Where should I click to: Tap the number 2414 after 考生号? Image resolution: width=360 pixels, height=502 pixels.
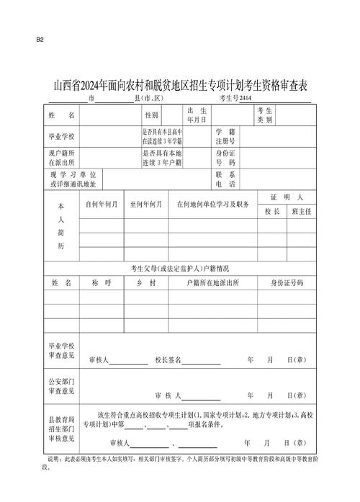[x=246, y=99]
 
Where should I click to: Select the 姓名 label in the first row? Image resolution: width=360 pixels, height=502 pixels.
[x=61, y=115]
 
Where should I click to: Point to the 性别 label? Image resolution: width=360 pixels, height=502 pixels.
[x=151, y=115]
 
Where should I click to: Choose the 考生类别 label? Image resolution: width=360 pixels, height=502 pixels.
[x=264, y=115]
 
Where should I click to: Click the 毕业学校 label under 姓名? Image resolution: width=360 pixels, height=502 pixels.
[x=61, y=135]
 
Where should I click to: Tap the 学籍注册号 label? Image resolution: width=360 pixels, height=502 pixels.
[x=225, y=135]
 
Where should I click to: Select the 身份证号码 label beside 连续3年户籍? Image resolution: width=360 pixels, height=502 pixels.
[x=225, y=158]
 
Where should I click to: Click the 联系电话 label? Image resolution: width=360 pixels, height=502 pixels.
[x=225, y=179]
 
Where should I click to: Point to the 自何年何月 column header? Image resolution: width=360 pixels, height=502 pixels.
[x=102, y=205]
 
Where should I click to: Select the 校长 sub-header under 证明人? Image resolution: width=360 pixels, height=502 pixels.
[x=271, y=211]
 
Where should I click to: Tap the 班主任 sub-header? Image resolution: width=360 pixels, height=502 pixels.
[x=300, y=211]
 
